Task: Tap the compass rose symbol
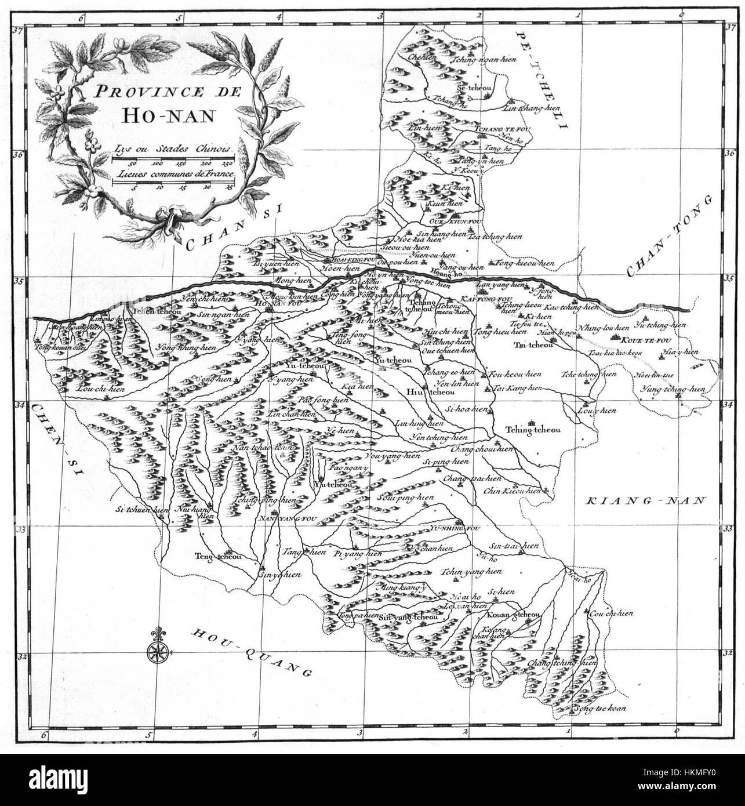(157, 652)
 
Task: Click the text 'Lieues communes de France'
(173, 173)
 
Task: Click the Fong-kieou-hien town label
(525, 264)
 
